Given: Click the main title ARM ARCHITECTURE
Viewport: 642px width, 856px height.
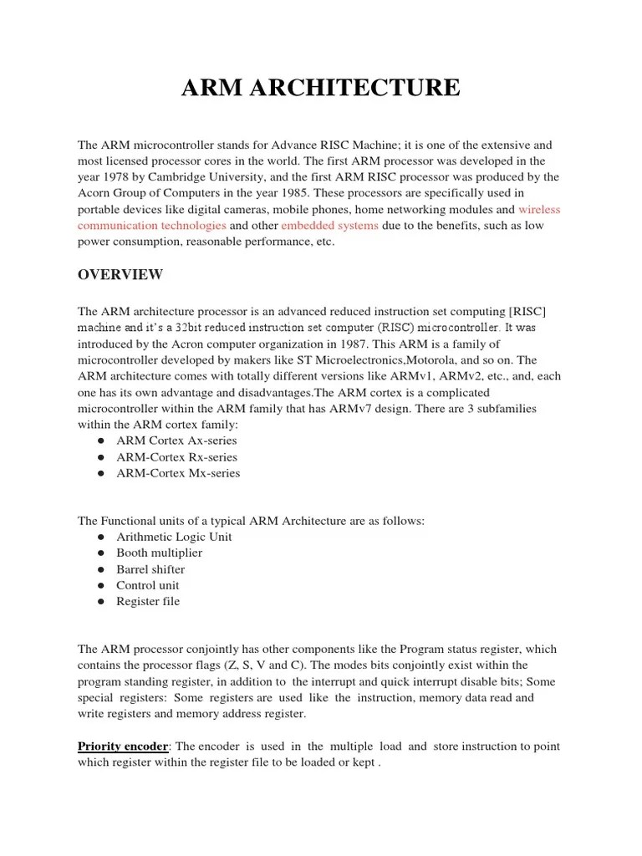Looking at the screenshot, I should pyautogui.click(x=321, y=87).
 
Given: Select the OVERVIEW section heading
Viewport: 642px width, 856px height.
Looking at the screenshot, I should pyautogui.click(x=120, y=275).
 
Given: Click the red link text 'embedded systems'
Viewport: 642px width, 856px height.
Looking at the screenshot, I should pyautogui.click(x=329, y=226).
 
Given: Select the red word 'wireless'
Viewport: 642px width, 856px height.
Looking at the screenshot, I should pyautogui.click(x=539, y=210).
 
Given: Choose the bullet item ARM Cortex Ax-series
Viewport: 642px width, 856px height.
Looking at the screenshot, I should pyautogui.click(x=176, y=441).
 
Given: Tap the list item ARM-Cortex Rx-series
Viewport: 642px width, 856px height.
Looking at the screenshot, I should pyautogui.click(x=176, y=457).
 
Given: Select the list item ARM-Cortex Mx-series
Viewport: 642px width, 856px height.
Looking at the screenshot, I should pyautogui.click(x=178, y=473).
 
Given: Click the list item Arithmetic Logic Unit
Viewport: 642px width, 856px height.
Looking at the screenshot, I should pyautogui.click(x=174, y=537).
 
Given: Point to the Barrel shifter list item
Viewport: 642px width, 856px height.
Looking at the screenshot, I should pyautogui.click(x=150, y=569).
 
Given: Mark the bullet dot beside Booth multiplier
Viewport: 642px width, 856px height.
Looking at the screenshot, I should pyautogui.click(x=99, y=553).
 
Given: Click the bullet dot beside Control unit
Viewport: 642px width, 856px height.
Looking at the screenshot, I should pyautogui.click(x=99, y=586).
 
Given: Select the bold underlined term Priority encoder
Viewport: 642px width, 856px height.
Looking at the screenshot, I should pyautogui.click(x=123, y=746).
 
